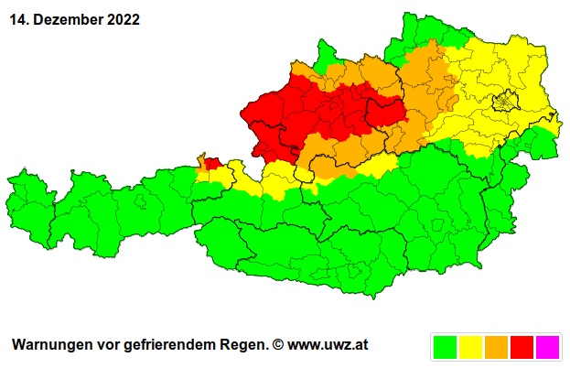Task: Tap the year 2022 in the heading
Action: point(122,19)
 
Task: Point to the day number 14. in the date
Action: point(21,19)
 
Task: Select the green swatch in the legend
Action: point(446,346)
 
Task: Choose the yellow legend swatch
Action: point(471,346)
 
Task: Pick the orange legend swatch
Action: point(497,346)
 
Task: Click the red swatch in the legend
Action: point(522,346)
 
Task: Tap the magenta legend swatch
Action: point(547,346)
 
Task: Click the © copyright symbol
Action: point(278,345)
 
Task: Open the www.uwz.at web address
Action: point(328,345)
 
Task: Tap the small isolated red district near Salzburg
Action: point(212,164)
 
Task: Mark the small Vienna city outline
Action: point(505,103)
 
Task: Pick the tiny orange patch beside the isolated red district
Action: point(201,161)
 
